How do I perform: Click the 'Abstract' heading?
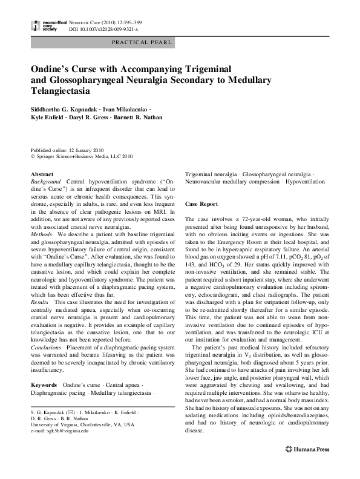click(x=42, y=174)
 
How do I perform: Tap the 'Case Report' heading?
click(x=201, y=204)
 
